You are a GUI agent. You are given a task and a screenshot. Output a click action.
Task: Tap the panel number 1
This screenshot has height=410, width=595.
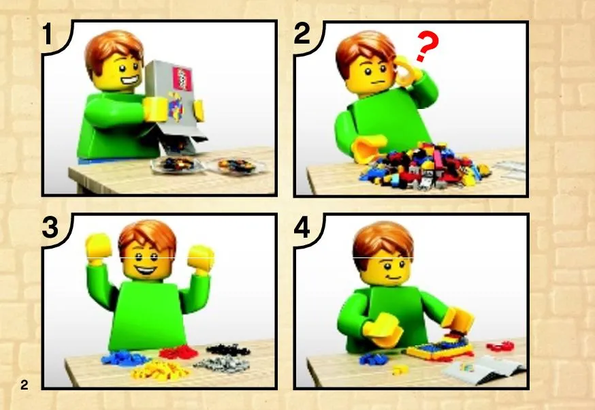tap(47, 34)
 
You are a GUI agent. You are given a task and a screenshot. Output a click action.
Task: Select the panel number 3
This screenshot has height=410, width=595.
tap(50, 227)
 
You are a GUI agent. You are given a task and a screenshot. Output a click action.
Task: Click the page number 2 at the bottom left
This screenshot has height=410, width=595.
tap(25, 385)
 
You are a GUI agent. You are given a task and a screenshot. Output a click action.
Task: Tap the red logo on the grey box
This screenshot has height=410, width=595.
tap(182, 78)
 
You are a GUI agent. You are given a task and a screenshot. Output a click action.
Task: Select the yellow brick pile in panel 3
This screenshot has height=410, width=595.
tap(160, 370)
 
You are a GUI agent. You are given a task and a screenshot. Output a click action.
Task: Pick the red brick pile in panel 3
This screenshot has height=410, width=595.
tap(178, 352)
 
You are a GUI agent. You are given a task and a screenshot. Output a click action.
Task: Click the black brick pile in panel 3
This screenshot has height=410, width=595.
tap(228, 349)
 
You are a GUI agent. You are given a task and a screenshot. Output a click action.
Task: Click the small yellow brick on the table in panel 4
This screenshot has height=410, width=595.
tap(398, 369)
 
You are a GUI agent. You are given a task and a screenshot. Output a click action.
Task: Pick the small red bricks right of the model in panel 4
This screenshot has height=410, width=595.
tap(500, 345)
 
